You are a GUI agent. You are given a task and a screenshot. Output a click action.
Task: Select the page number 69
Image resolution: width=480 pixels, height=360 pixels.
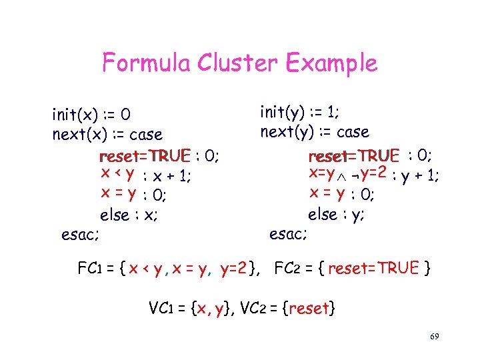tap(434, 337)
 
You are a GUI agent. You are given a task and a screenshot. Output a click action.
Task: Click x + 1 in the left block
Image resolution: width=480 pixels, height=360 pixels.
tap(173, 176)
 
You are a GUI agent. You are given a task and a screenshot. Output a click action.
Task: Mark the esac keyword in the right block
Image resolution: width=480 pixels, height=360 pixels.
tap(289, 234)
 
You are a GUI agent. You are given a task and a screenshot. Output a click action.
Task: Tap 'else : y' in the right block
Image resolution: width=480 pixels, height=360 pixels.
tap(337, 215)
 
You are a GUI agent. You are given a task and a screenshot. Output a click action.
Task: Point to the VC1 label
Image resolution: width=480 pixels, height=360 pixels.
tap(159, 309)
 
